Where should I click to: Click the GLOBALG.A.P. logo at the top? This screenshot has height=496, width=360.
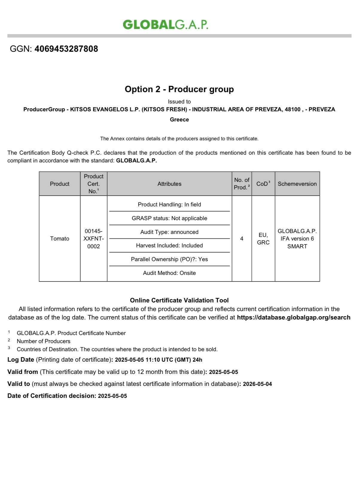pyautogui.click(x=165, y=25)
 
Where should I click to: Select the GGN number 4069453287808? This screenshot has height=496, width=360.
pyautogui.click(x=66, y=49)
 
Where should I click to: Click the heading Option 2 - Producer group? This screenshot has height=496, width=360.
pyautogui.click(x=179, y=89)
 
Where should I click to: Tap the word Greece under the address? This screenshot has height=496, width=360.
pyautogui.click(x=179, y=120)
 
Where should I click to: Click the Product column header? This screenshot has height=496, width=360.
pyautogui.click(x=60, y=184)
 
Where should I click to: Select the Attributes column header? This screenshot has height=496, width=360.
pyautogui.click(x=169, y=184)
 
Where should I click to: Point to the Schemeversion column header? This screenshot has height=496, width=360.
pyautogui.click(x=297, y=184)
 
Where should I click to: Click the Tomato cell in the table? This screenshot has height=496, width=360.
pyautogui.click(x=60, y=238)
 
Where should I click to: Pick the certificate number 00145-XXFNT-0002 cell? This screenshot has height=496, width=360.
pyautogui.click(x=94, y=238)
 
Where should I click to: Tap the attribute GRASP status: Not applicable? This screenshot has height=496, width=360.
pyautogui.click(x=169, y=218)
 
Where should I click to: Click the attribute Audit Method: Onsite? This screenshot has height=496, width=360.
pyautogui.click(x=169, y=273)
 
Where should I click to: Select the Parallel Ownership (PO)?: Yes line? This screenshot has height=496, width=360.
pyautogui.click(x=169, y=259)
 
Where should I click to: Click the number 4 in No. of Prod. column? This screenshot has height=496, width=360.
pyautogui.click(x=242, y=238)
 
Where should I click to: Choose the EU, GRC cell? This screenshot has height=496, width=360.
pyautogui.click(x=263, y=238)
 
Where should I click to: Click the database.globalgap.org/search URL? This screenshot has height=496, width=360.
pyautogui.click(x=293, y=317)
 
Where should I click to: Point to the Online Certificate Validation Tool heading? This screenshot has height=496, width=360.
pyautogui.click(x=179, y=300)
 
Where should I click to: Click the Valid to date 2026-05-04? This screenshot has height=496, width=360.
pyautogui.click(x=257, y=384)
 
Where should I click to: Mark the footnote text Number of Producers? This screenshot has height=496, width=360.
pyautogui.click(x=43, y=341)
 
